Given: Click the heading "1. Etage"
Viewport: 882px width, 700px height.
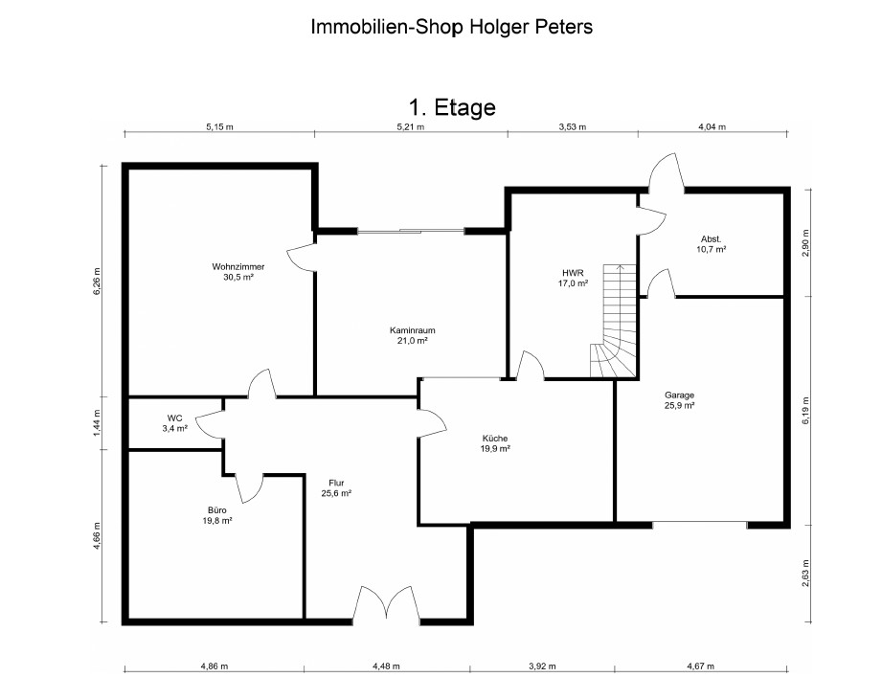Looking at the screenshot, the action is (452, 107).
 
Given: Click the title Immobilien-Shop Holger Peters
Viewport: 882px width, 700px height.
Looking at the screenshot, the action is (452, 27).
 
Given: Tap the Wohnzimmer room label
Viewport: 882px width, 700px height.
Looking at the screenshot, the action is (237, 266).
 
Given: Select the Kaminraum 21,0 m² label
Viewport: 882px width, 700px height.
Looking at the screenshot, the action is (413, 335).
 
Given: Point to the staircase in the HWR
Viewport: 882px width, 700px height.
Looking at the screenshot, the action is (614, 321).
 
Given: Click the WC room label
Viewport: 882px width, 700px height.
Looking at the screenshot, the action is (174, 418).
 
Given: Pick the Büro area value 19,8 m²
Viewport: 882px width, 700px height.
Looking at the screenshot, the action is (217, 521).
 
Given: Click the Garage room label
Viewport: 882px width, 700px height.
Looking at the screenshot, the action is (680, 395).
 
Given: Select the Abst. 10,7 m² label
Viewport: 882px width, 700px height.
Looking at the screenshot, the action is (711, 244).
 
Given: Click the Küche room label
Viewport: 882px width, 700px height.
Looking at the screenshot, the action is (495, 438).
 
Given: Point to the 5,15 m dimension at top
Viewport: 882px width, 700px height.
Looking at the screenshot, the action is (219, 126).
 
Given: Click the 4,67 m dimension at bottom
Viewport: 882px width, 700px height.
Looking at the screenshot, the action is (700, 666).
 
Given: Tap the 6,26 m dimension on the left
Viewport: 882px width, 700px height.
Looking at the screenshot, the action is (97, 282).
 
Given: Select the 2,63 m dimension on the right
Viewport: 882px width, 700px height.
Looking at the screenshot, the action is (805, 574).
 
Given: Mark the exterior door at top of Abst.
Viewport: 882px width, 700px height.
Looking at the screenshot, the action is (666, 171).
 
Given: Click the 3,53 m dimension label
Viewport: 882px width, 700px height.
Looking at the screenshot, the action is (572, 126).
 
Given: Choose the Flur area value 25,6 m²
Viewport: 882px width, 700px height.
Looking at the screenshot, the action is (336, 493).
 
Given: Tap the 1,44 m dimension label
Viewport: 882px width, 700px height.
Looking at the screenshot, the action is (97, 423).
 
